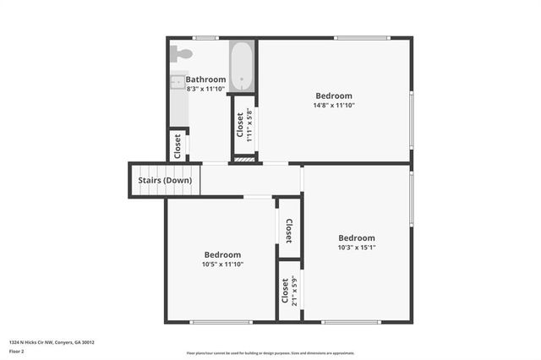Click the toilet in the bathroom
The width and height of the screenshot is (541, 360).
tap(182, 53)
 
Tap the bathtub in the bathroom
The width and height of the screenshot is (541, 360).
tap(243, 66)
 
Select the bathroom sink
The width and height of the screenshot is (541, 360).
tap(178, 82)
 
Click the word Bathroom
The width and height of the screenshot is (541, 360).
tap(206, 79)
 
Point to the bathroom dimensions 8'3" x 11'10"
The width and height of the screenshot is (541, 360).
tap(206, 89)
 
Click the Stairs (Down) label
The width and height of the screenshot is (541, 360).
tap(165, 180)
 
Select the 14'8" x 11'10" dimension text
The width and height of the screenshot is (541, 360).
tap(334, 106)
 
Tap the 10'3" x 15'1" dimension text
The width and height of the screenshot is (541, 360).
tap(357, 248)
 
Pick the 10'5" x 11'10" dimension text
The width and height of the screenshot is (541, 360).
tap(222, 265)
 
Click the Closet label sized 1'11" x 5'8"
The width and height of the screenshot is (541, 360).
tap(240, 125)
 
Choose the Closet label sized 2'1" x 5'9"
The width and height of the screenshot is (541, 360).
tap(285, 292)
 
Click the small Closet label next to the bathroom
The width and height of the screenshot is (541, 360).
tap(178, 145)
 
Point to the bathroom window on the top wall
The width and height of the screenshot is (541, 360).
tap(205, 38)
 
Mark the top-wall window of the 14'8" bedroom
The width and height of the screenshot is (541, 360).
tap(362, 38)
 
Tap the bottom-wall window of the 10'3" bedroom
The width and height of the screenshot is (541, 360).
tap(352, 321)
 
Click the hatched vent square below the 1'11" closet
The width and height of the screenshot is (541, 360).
tap(243, 159)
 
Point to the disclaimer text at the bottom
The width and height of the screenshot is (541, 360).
tap(270, 353)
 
